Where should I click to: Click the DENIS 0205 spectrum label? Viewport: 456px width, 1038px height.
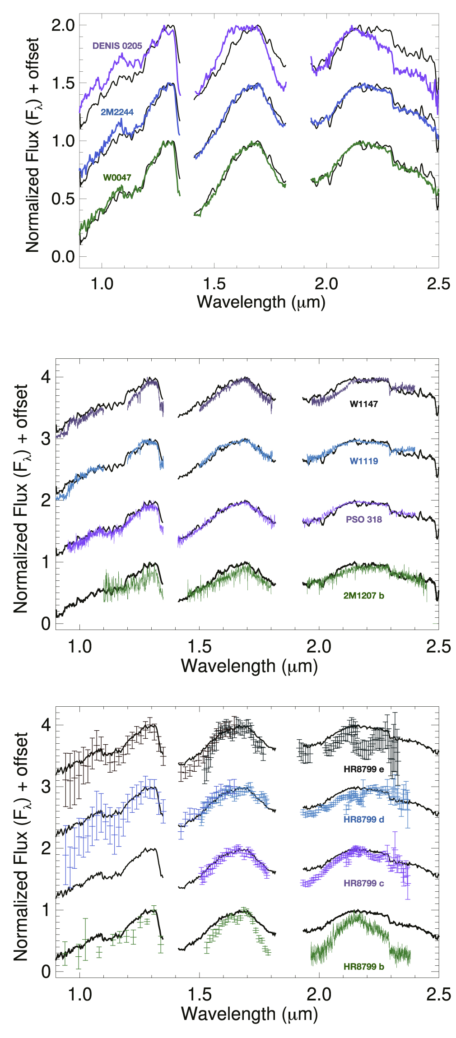click(117, 46)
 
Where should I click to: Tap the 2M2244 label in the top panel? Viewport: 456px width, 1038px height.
click(117, 112)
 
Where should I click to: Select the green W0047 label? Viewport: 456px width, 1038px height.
click(117, 177)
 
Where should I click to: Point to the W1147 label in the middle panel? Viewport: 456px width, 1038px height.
click(363, 404)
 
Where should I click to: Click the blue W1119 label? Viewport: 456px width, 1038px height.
click(363, 461)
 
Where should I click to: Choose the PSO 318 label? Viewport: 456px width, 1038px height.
click(363, 519)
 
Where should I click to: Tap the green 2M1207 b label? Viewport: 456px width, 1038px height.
click(363, 596)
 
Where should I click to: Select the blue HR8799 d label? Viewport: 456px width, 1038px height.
click(363, 819)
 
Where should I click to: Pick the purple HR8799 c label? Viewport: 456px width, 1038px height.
click(363, 883)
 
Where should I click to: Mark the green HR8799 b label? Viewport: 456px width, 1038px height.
click(363, 967)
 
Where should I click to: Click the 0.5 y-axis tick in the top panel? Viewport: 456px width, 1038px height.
click(63, 199)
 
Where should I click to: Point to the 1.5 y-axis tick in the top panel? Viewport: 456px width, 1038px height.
click(63, 83)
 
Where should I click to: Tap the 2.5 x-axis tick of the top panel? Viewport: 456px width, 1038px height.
click(438, 284)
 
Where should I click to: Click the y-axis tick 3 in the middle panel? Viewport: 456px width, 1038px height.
click(46, 438)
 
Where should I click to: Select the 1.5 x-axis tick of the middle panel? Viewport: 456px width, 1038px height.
click(200, 646)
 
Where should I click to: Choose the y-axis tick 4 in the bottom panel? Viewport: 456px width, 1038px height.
click(46, 725)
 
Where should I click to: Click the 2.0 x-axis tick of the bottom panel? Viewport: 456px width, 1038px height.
click(319, 994)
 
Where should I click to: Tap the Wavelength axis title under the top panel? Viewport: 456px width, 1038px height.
click(261, 302)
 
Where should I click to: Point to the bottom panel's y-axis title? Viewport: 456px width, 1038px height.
click(21, 846)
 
